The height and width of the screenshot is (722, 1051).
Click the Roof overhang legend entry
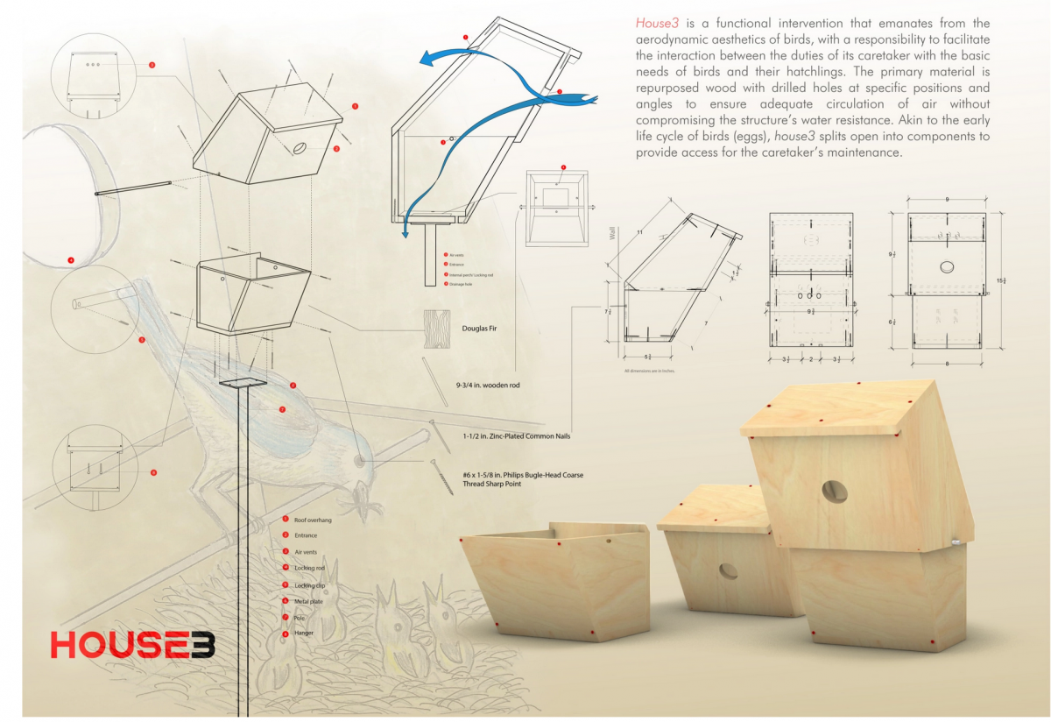coord(313,520)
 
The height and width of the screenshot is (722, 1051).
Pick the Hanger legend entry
coord(304,633)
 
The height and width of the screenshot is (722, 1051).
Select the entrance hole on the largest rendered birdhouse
coord(834,492)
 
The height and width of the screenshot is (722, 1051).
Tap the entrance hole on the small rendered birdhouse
coord(728,571)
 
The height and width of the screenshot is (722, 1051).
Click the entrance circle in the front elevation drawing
coord(946,266)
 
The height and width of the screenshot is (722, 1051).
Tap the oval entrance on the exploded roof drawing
coord(300,148)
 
